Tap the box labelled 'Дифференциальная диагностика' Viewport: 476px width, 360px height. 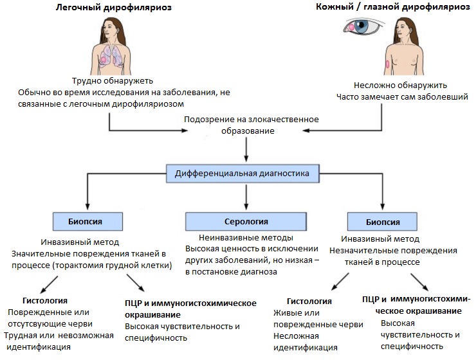[246, 174]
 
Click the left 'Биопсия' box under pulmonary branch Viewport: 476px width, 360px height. [87, 222]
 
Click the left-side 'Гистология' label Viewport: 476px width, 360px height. [45, 300]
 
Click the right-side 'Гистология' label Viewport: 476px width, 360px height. [309, 301]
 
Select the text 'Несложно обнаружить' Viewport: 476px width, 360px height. [401, 85]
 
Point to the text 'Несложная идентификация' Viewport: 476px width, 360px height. [306, 342]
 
